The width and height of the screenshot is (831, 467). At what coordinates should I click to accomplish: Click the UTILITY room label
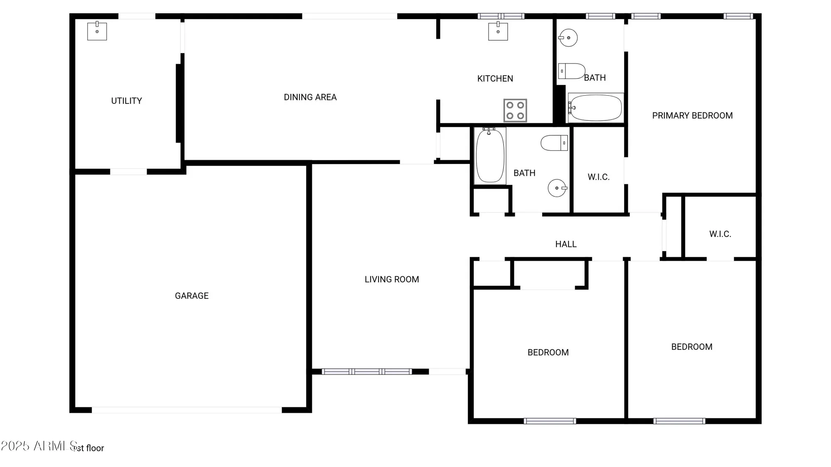126,101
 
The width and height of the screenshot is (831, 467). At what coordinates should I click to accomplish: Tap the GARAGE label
192,296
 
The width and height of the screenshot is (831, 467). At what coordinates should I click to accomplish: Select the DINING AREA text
310,97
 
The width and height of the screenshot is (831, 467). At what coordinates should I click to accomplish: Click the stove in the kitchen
515,110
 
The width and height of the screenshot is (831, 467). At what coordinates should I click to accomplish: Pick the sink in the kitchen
498,32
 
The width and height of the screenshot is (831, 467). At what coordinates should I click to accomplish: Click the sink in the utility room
97,32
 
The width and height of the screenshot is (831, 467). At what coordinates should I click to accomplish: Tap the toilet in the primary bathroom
571,71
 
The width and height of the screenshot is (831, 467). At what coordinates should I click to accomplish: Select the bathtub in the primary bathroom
595,108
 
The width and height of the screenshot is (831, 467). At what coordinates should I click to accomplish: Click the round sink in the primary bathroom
568,38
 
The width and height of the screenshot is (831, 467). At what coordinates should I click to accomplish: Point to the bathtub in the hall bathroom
490,156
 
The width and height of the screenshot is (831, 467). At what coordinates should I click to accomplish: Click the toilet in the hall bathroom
554,143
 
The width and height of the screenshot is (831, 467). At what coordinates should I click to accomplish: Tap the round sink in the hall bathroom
557,188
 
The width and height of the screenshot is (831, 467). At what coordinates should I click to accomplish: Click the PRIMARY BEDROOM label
692,116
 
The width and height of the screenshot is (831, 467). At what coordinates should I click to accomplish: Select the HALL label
565,245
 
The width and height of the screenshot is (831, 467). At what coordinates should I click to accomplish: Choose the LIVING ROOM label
391,280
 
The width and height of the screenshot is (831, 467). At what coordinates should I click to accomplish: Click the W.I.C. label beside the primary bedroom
598,177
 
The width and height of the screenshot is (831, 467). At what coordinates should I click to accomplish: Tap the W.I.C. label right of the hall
720,234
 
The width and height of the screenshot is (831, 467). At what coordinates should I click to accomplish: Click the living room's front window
367,372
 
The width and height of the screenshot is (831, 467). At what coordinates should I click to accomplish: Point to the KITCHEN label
495,79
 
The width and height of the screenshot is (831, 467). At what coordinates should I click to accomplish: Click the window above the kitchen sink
501,16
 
